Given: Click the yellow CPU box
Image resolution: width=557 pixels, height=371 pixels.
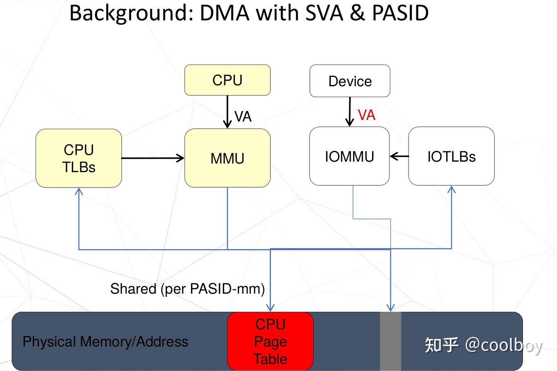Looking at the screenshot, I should [x=227, y=80].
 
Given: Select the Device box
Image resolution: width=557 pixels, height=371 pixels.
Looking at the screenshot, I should [x=350, y=81].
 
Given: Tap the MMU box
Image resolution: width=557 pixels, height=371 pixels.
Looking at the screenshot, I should [x=227, y=158].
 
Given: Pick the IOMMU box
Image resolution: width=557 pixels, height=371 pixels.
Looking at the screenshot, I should [x=349, y=156].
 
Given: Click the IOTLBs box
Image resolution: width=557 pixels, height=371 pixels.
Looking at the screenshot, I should [x=451, y=156].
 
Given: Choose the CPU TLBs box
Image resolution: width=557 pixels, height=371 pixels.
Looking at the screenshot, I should [x=79, y=158].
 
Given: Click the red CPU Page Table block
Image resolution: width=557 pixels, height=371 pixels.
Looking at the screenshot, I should [x=270, y=341].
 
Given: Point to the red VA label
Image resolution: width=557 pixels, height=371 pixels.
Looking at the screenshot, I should [x=366, y=115].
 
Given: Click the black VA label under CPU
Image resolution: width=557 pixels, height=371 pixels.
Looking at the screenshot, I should [x=243, y=116].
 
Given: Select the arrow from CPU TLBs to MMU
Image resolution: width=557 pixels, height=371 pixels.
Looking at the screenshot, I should [x=153, y=158].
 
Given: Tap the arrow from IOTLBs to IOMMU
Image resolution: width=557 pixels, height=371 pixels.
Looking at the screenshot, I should [x=399, y=156].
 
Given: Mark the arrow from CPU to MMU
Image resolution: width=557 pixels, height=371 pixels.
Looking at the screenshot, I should [x=227, y=112].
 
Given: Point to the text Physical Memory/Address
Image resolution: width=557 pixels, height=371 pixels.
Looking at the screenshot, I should [x=105, y=342].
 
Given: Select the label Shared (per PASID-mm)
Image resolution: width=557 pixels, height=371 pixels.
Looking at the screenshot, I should [x=187, y=289].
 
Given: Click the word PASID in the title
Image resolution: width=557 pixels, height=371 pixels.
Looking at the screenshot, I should [x=400, y=13].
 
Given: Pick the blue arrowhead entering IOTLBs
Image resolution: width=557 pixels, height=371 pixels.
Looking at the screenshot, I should [x=451, y=190].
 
